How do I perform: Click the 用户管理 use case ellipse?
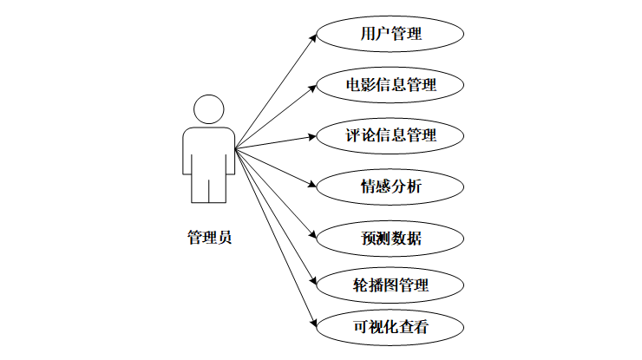click(390, 36)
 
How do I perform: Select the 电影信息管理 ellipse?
click(390, 85)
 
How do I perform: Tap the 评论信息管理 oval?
click(390, 135)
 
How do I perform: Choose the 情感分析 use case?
click(390, 185)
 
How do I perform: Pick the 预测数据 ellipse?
click(390, 236)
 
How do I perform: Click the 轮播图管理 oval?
click(390, 284)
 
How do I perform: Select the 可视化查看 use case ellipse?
click(390, 329)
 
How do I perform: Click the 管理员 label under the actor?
click(209, 238)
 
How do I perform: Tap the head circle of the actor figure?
click(209, 110)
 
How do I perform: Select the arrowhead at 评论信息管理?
click(312, 136)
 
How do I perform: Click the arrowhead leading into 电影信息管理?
click(312, 87)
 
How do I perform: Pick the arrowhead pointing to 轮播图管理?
click(312, 281)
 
